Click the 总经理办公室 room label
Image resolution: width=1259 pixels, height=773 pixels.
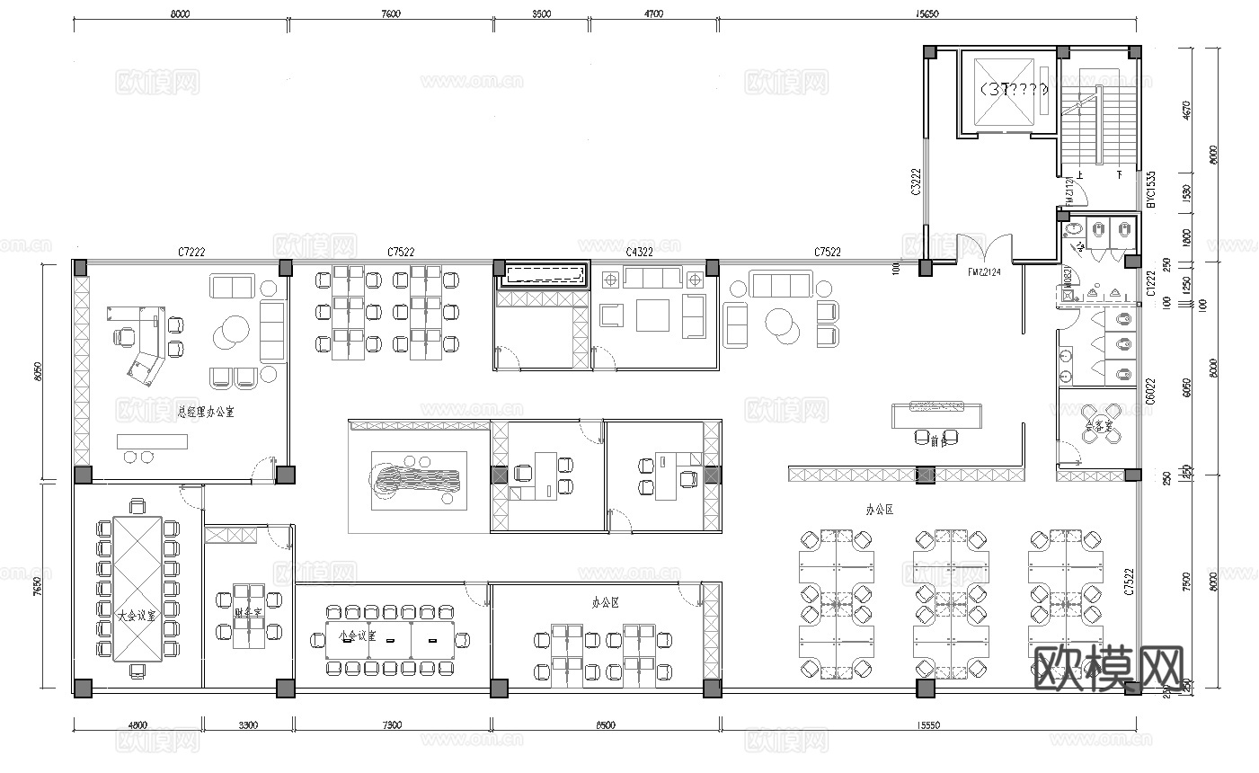point(206,413)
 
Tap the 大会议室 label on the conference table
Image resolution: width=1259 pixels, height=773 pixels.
point(137,616)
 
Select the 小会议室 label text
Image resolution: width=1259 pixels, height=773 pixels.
point(357,634)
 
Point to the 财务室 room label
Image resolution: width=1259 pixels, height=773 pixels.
point(247,613)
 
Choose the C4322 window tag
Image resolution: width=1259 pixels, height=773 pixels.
point(639,252)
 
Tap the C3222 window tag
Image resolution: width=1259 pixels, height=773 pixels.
point(916,182)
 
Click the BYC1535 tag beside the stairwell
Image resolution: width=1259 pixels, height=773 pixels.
point(1151,190)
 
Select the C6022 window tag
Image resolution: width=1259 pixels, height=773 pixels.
point(1151,392)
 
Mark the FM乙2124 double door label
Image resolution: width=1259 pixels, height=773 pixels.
point(984,271)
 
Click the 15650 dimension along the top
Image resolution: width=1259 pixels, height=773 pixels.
point(927,13)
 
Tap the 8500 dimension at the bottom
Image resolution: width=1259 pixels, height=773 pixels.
point(605,724)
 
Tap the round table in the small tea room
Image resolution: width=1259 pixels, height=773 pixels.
point(1096,425)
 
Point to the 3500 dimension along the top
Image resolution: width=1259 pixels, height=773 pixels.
point(541,13)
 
